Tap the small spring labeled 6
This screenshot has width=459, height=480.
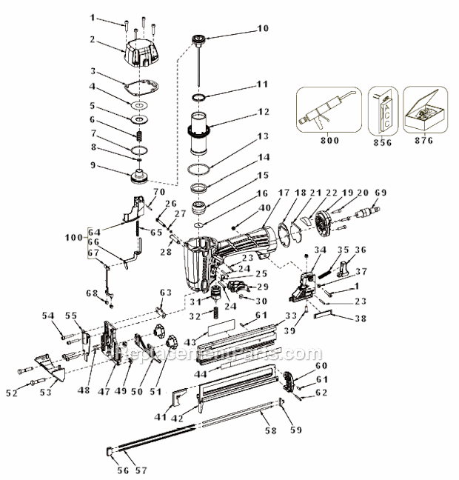(138, 136)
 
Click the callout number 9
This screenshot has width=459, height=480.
(94, 165)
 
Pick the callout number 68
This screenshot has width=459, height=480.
(91, 293)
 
